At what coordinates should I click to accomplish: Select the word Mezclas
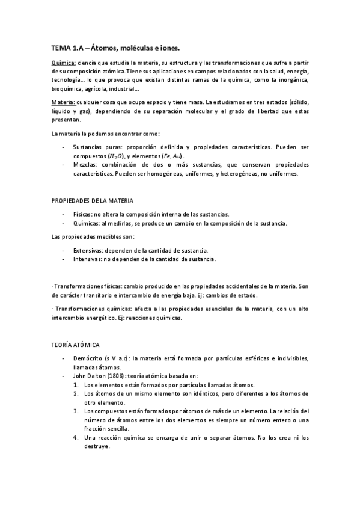[85, 165]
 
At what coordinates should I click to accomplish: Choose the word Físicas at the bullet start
[83, 214]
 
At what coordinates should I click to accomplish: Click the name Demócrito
[88, 358]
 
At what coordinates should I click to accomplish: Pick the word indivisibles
[291, 358]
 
